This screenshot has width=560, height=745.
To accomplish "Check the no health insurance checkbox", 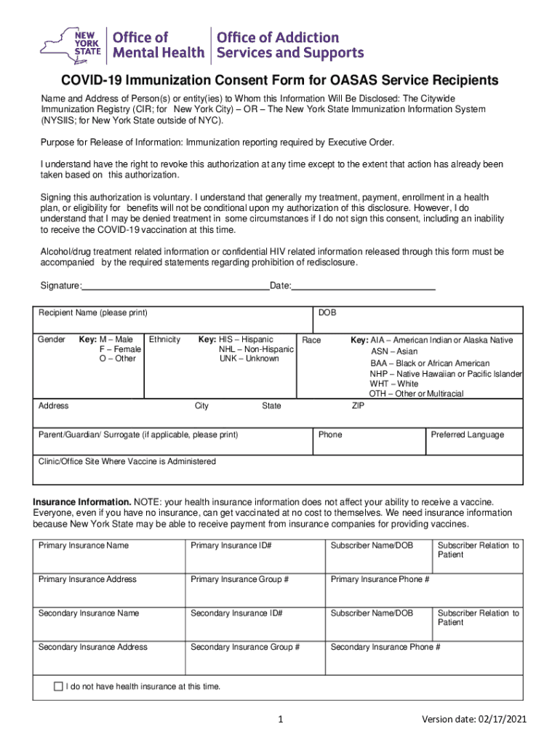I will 59,686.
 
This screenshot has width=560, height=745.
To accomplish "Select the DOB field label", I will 327,313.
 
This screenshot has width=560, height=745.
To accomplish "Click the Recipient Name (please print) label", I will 92,313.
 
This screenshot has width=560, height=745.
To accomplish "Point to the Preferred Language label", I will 467,434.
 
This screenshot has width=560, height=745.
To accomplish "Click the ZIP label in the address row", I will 358,406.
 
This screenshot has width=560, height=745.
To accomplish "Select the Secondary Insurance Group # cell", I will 244,647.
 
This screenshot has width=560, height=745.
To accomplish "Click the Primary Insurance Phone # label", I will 380,579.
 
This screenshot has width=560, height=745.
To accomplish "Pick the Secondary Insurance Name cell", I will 88,613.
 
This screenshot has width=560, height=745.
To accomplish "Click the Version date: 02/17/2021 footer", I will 474,720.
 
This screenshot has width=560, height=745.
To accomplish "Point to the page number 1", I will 280,720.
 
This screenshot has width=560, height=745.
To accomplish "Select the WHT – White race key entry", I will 393,383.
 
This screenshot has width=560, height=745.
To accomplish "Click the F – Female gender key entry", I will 120,349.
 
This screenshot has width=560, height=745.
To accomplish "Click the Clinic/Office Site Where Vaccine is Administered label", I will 127,461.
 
